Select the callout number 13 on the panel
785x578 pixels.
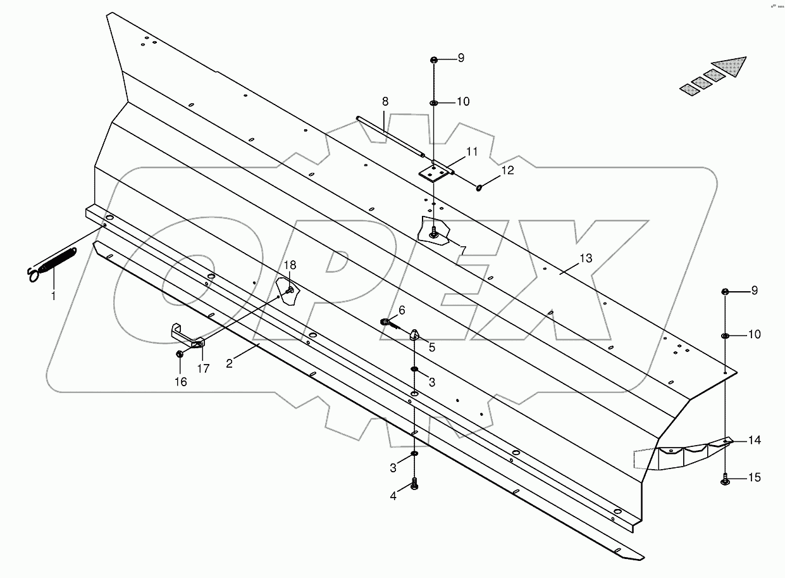tap(585, 258)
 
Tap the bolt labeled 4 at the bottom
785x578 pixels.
tap(414, 484)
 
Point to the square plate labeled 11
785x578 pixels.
tap(433, 172)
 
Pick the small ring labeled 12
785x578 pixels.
tap(480, 186)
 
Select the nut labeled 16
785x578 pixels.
tap(180, 354)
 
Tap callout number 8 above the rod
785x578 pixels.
tap(385, 101)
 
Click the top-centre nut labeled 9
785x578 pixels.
tap(433, 60)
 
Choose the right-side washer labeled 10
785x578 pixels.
tap(726, 336)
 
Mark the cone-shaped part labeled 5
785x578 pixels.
tap(414, 334)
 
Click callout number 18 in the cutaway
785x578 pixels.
tap(289, 265)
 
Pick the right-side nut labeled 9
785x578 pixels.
tap(726, 291)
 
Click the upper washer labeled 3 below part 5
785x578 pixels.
tap(414, 370)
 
